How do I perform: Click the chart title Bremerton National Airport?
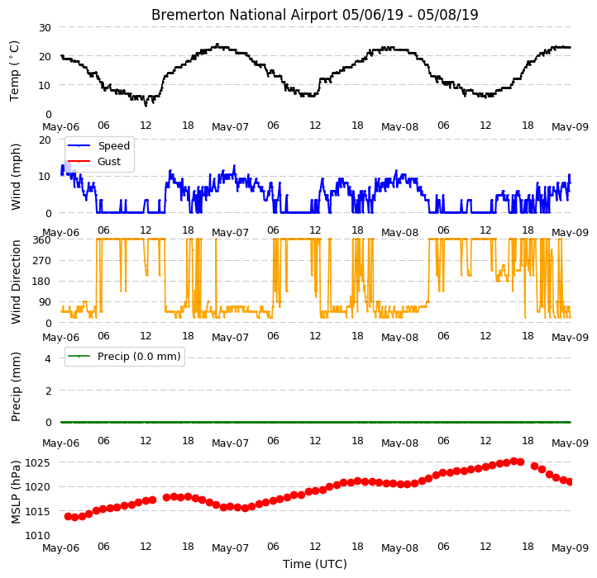245,15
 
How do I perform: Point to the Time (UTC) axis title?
315,563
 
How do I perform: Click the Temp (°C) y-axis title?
14,71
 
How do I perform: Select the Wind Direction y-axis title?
16,282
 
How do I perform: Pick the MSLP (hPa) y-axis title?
16,492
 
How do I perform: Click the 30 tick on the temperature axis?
45,28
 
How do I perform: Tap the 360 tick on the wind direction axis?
41,240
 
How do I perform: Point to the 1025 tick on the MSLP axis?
37,462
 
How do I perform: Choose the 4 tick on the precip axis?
48,358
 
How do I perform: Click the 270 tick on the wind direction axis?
41,261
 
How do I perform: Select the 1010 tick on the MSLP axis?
37,536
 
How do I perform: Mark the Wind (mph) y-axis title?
16,177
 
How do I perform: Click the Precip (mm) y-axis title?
16,386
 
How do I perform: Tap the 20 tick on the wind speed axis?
45,140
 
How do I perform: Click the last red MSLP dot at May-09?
570,481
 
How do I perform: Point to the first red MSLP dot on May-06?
68,516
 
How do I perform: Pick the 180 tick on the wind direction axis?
41,282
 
